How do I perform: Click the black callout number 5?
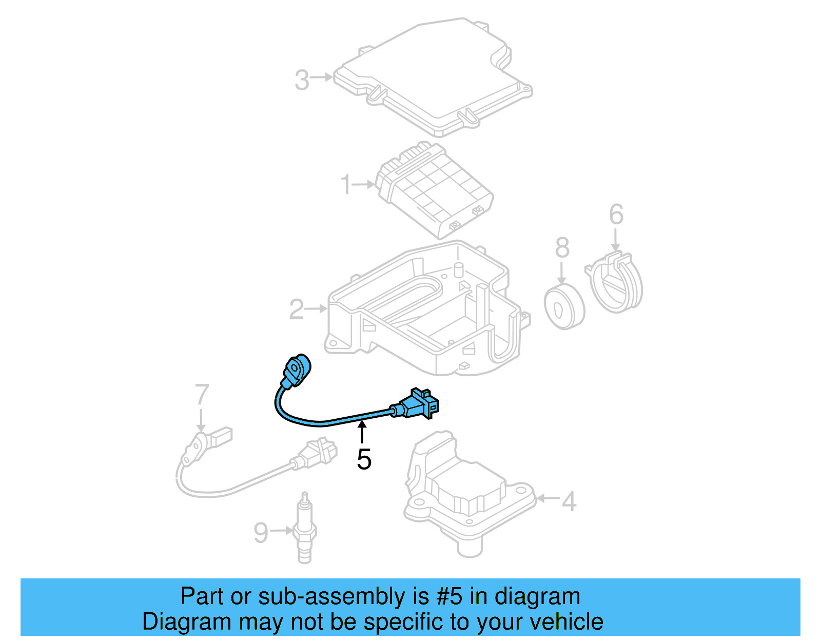coord(364,459)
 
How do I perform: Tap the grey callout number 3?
coord(302,80)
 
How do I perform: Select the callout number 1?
coord(346,184)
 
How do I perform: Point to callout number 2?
coord(297,309)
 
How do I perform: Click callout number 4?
coord(569,501)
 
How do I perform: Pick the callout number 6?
coord(616,215)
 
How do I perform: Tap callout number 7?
coord(202,395)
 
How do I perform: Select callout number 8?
coord(562,248)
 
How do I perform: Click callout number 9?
coord(261,533)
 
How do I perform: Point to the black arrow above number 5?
coord(362,432)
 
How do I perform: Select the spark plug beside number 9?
coord(304,529)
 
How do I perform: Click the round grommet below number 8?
coord(564,307)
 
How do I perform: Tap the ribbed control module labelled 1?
coord(434,190)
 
